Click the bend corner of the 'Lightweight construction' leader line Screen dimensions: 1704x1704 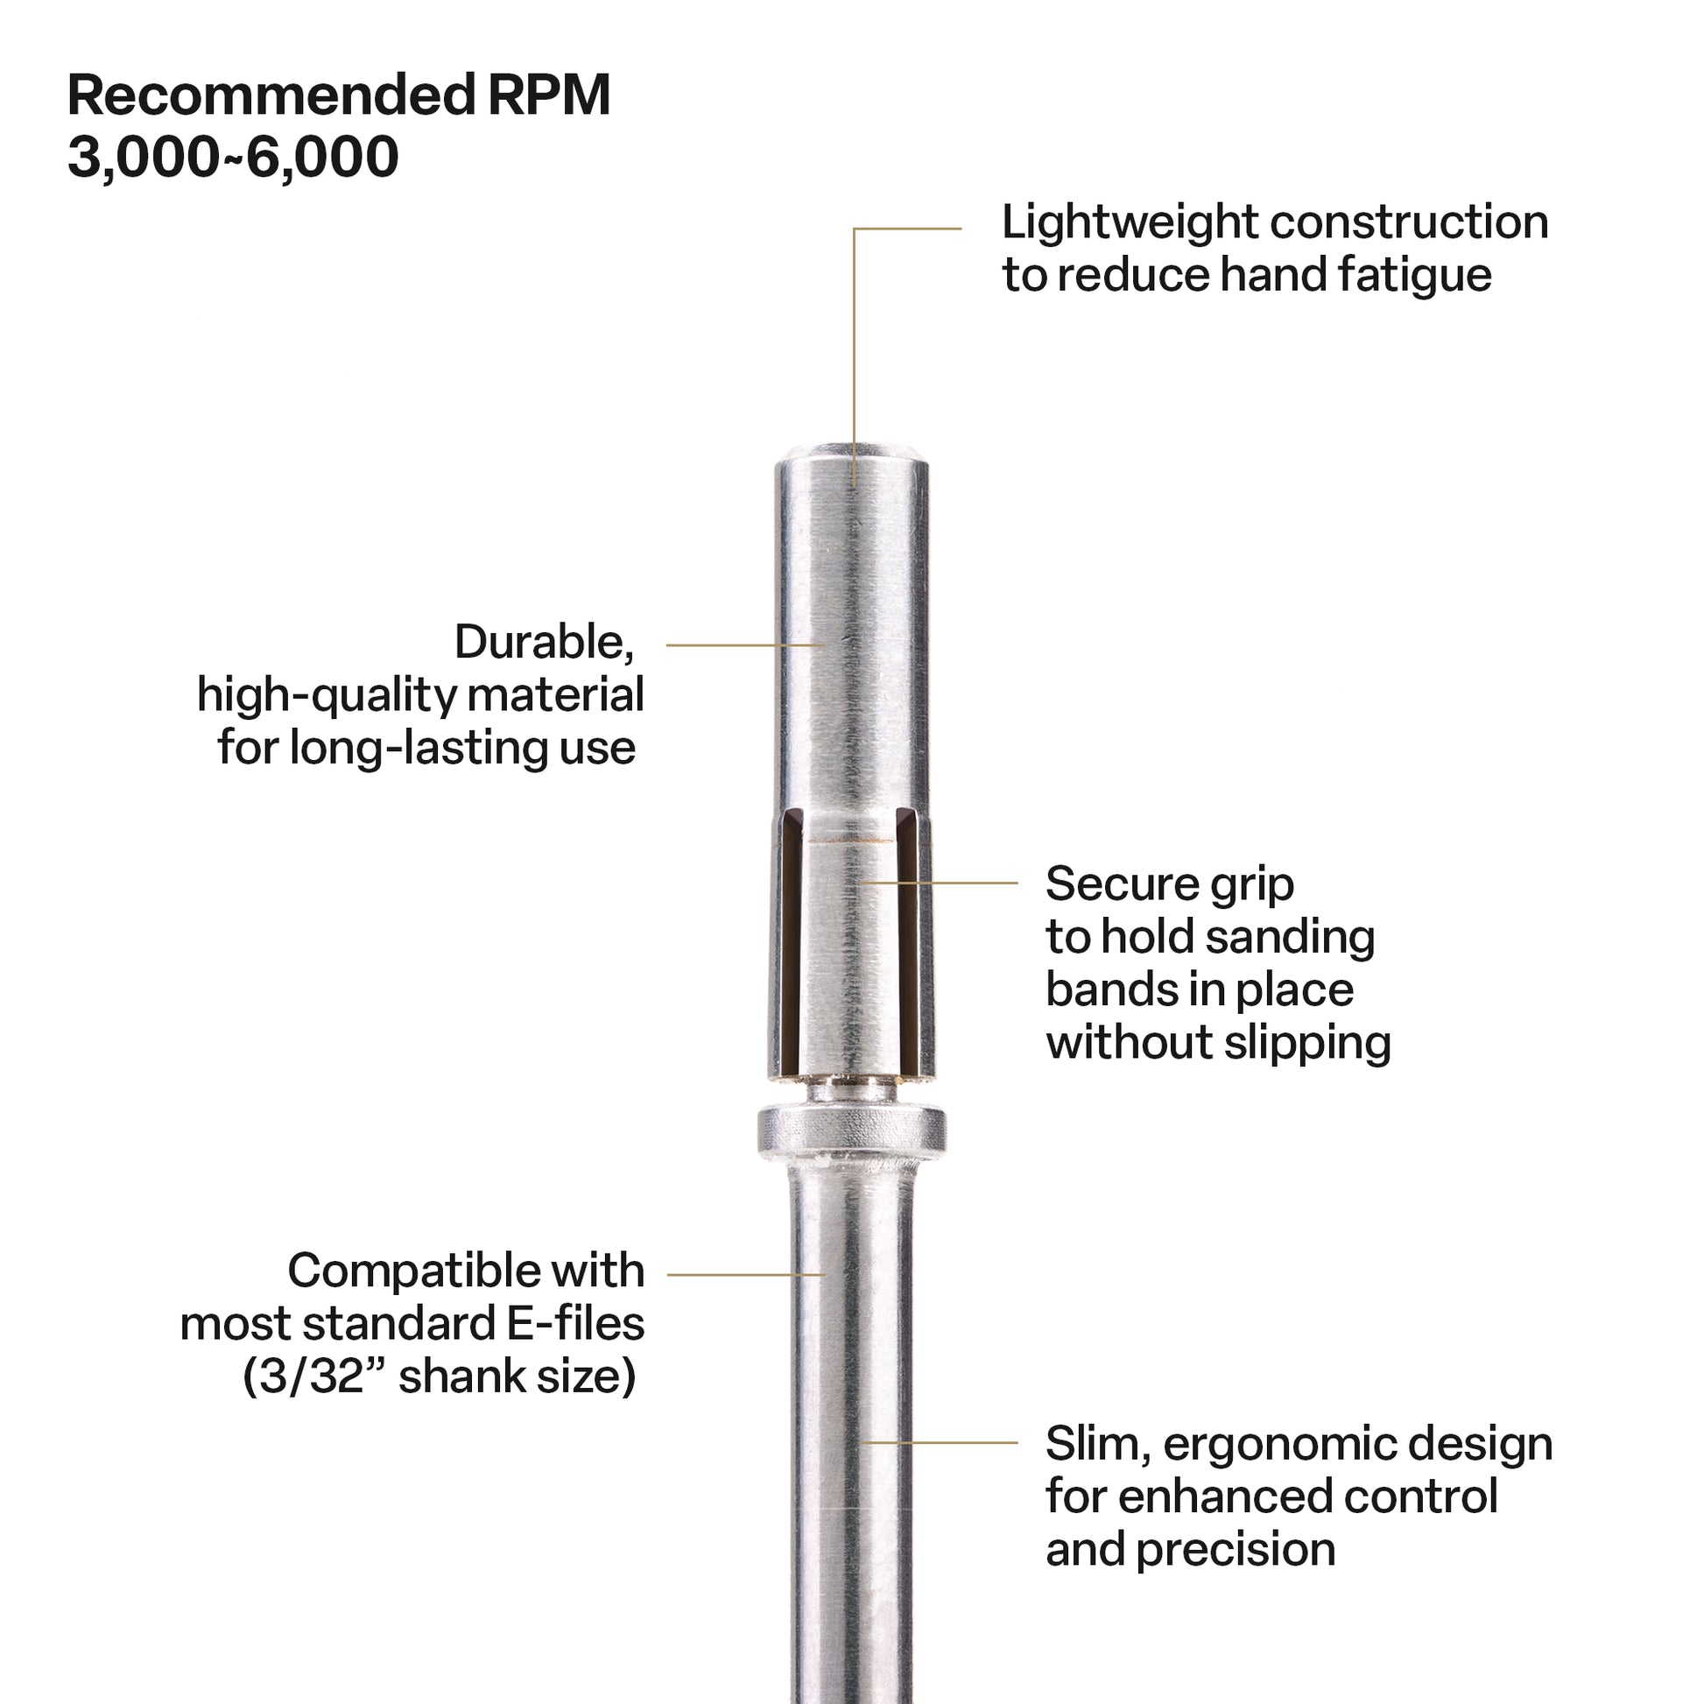(x=854, y=229)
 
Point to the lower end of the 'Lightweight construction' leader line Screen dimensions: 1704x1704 (x=854, y=484)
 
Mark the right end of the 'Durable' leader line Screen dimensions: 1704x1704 (x=824, y=644)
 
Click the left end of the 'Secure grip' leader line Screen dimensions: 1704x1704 (x=862, y=881)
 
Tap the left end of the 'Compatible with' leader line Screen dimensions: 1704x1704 (x=667, y=1274)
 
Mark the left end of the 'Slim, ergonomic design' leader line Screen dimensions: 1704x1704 (x=862, y=1443)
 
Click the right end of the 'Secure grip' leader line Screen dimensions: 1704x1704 (x=1017, y=881)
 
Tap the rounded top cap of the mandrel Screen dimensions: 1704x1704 (x=851, y=456)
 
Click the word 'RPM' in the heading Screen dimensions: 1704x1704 (x=549, y=95)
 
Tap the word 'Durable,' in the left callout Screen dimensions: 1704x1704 (x=544, y=642)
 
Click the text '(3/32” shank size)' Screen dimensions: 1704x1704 (x=440, y=1377)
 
